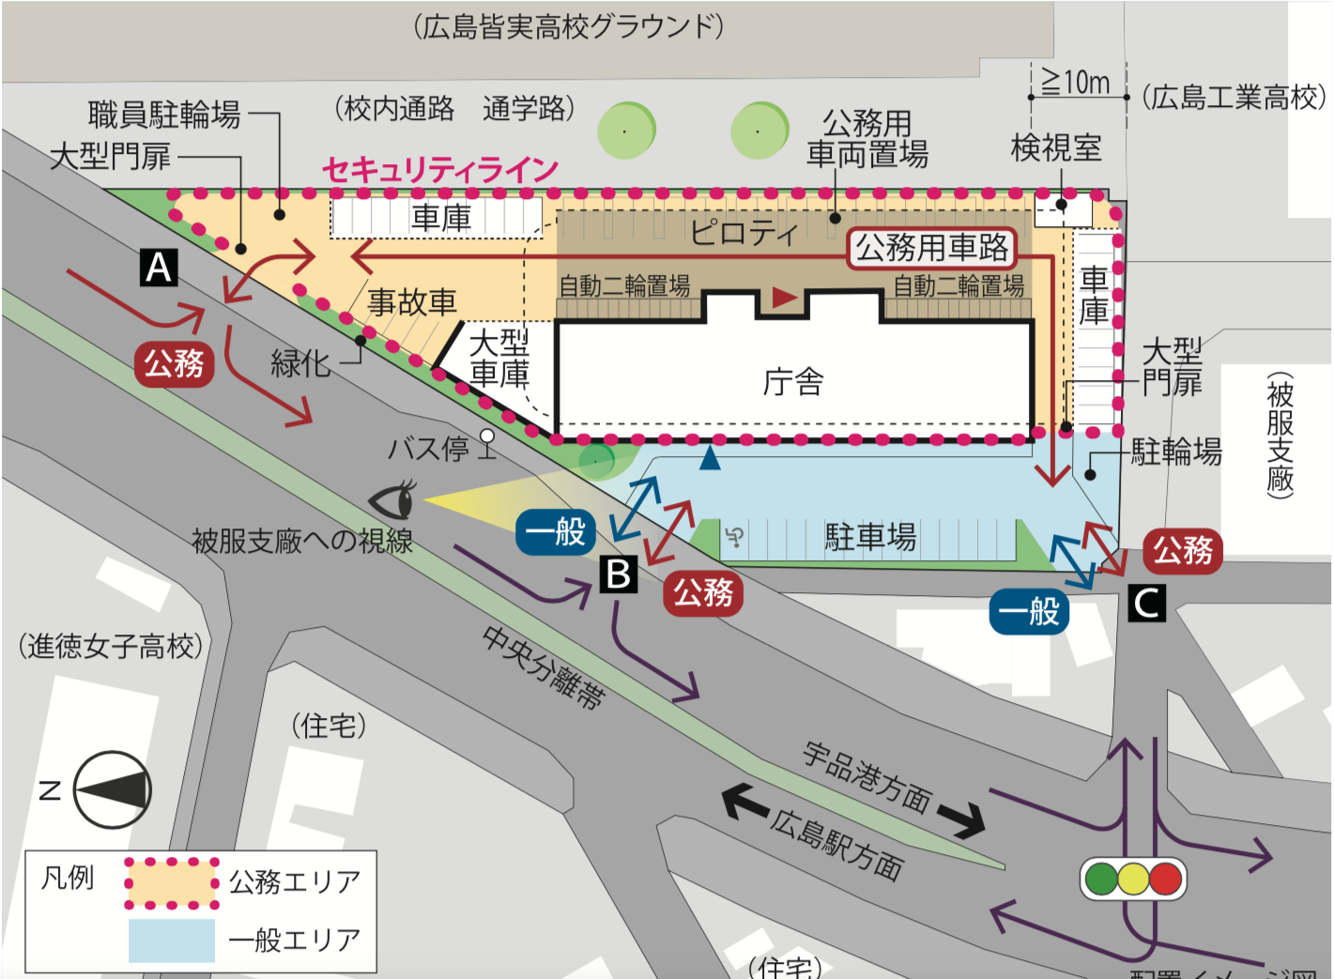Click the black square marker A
[159, 268]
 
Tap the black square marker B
[619, 574]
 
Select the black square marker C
[1147, 603]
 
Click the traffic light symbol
[1133, 879]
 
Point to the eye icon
[393, 499]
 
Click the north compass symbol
[112, 789]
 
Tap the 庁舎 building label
[793, 382]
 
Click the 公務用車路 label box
[932, 248]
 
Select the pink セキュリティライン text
[440, 170]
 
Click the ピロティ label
[744, 232]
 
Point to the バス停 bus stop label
[429, 449]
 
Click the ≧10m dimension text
[1076, 84]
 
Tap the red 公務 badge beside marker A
[174, 363]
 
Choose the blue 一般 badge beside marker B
[556, 532]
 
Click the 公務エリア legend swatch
[172, 882]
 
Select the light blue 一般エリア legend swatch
[172, 940]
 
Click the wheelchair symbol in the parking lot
[735, 537]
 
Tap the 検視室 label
[1056, 147]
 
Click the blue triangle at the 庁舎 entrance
[711, 458]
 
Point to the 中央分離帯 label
[544, 666]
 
